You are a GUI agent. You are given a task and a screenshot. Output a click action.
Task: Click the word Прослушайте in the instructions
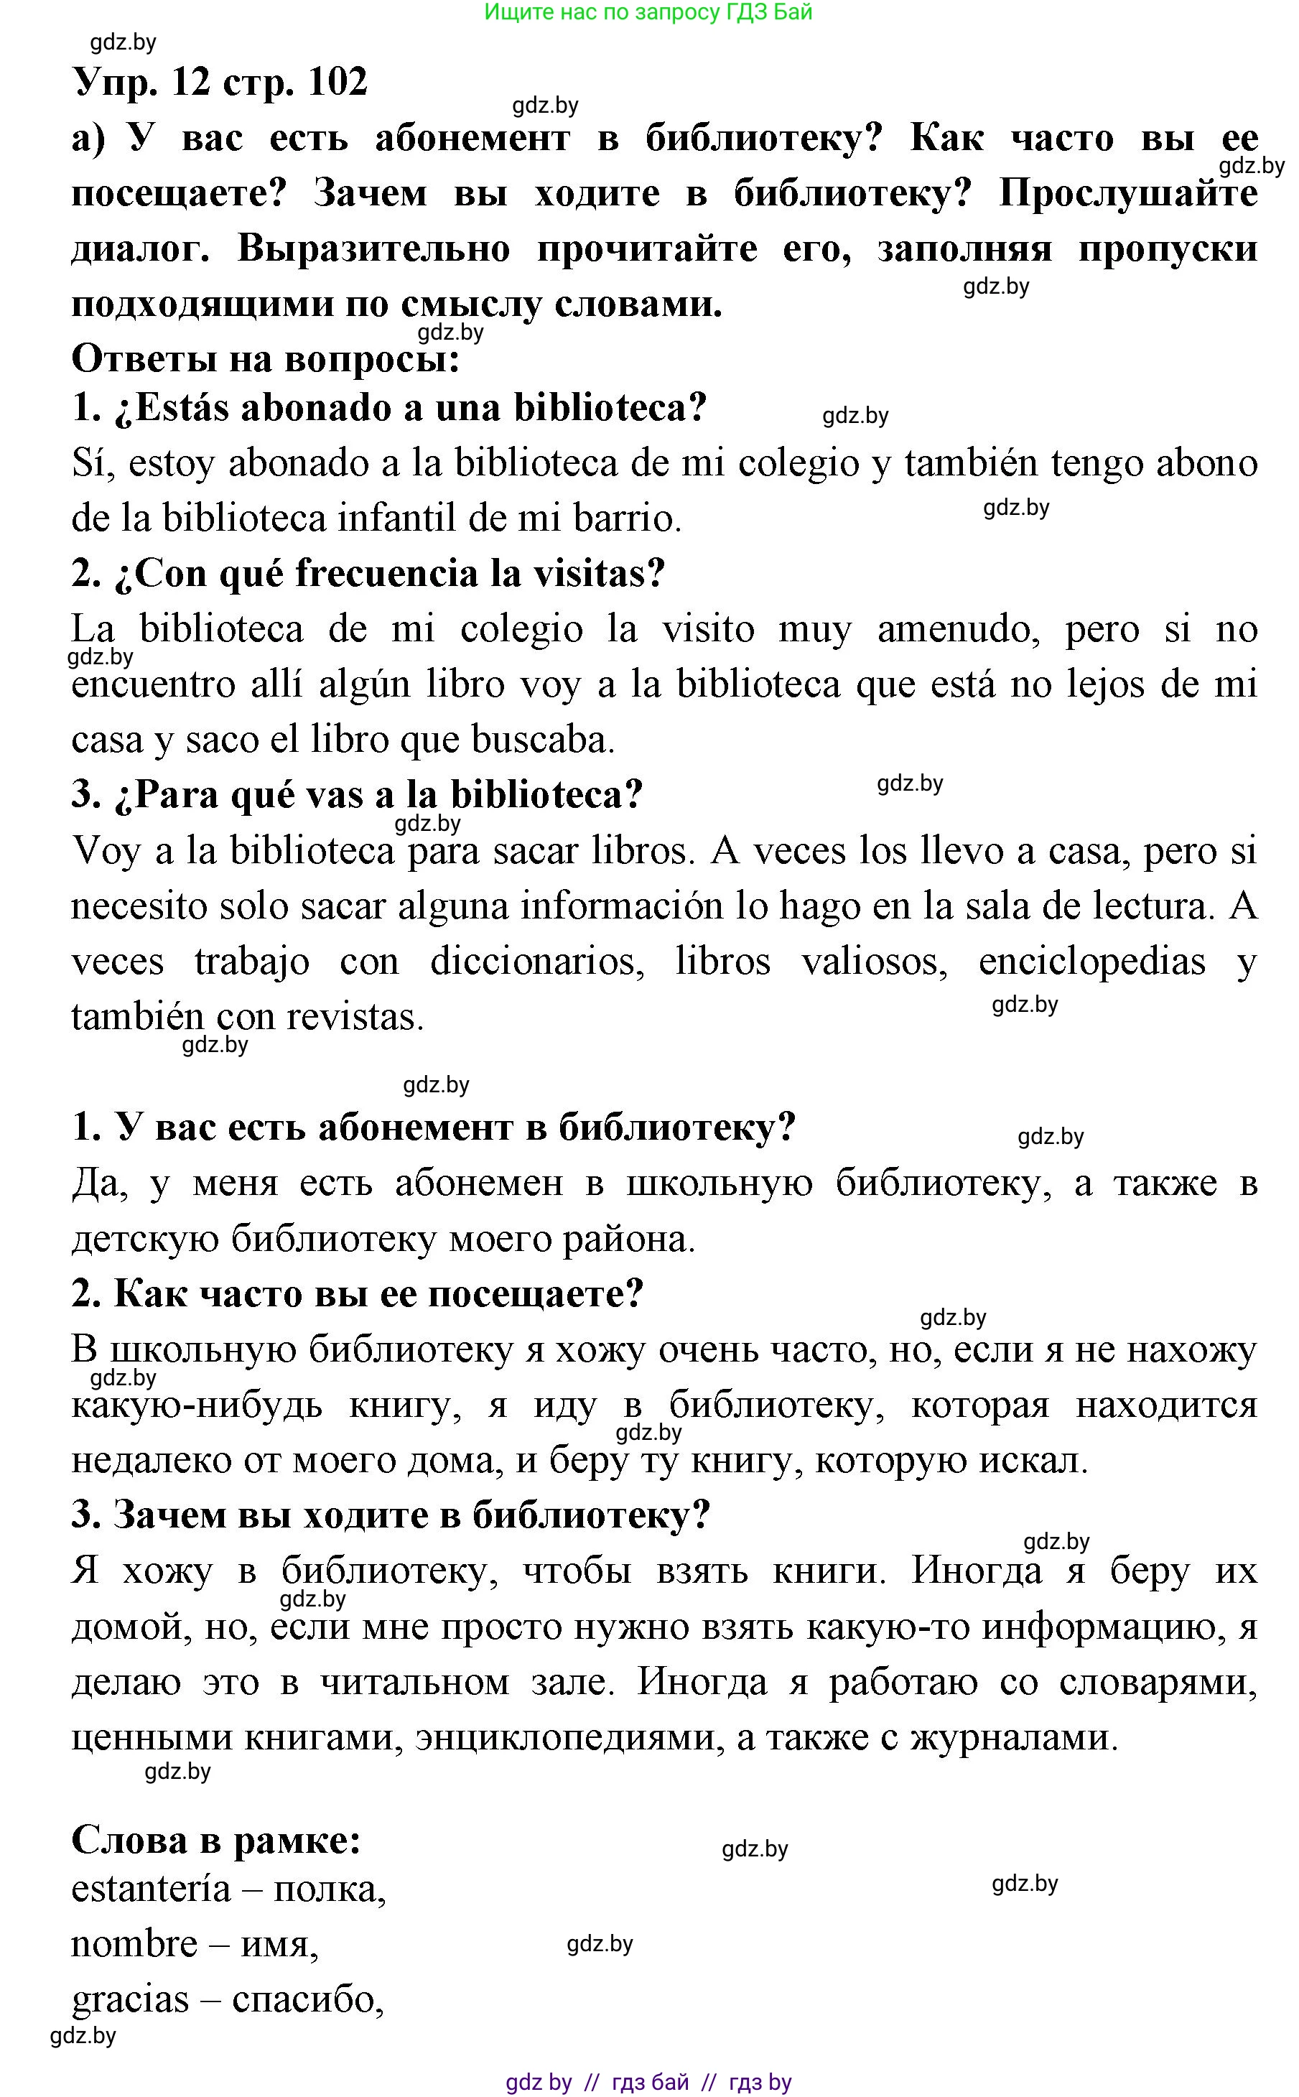pos(1127,193)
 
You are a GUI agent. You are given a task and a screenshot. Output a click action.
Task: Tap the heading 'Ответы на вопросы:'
pos(266,358)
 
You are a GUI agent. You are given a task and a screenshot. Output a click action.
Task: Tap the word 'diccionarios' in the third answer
pos(537,962)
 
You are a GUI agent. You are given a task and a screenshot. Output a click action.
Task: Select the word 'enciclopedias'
pos(1091,962)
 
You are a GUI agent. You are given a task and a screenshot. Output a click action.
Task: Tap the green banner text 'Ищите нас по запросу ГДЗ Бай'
pos(648,12)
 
